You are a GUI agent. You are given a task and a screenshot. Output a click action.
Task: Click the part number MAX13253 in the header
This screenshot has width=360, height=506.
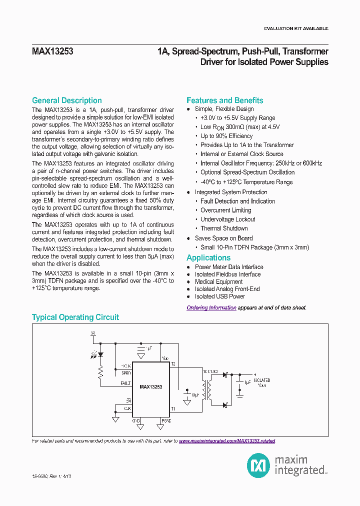52,51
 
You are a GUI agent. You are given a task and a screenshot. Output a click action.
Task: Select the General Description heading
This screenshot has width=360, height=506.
66,100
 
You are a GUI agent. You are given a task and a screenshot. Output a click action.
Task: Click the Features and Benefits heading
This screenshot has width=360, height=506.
224,100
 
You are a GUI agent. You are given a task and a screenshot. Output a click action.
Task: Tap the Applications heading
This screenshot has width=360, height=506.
208,258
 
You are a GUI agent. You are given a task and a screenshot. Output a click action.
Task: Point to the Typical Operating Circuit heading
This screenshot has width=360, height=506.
75,317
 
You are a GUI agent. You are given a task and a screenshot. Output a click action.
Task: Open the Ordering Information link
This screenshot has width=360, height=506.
211,308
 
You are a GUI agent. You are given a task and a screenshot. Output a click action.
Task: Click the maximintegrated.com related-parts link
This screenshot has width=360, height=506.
226,441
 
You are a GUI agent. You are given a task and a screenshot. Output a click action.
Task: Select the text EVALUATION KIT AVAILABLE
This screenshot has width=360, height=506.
296,28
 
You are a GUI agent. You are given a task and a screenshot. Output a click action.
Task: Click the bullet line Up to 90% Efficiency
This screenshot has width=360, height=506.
226,136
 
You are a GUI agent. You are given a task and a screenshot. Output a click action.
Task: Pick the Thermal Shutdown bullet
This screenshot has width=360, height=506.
224,228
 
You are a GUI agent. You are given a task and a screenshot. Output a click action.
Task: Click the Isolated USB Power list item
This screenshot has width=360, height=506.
219,296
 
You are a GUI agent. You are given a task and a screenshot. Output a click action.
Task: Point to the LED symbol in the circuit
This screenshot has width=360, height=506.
100,354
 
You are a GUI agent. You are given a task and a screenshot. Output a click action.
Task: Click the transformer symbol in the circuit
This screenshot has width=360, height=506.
205,388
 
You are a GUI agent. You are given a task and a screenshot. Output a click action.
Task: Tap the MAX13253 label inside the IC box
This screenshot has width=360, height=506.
150,387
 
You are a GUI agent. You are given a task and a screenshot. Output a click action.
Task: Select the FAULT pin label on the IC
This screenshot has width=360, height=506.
125,383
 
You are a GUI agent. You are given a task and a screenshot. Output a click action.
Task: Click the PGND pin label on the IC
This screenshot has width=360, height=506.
165,421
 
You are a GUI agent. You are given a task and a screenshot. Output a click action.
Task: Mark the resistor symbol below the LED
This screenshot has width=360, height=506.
100,372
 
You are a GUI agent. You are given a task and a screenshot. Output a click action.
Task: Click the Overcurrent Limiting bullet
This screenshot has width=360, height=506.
225,210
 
